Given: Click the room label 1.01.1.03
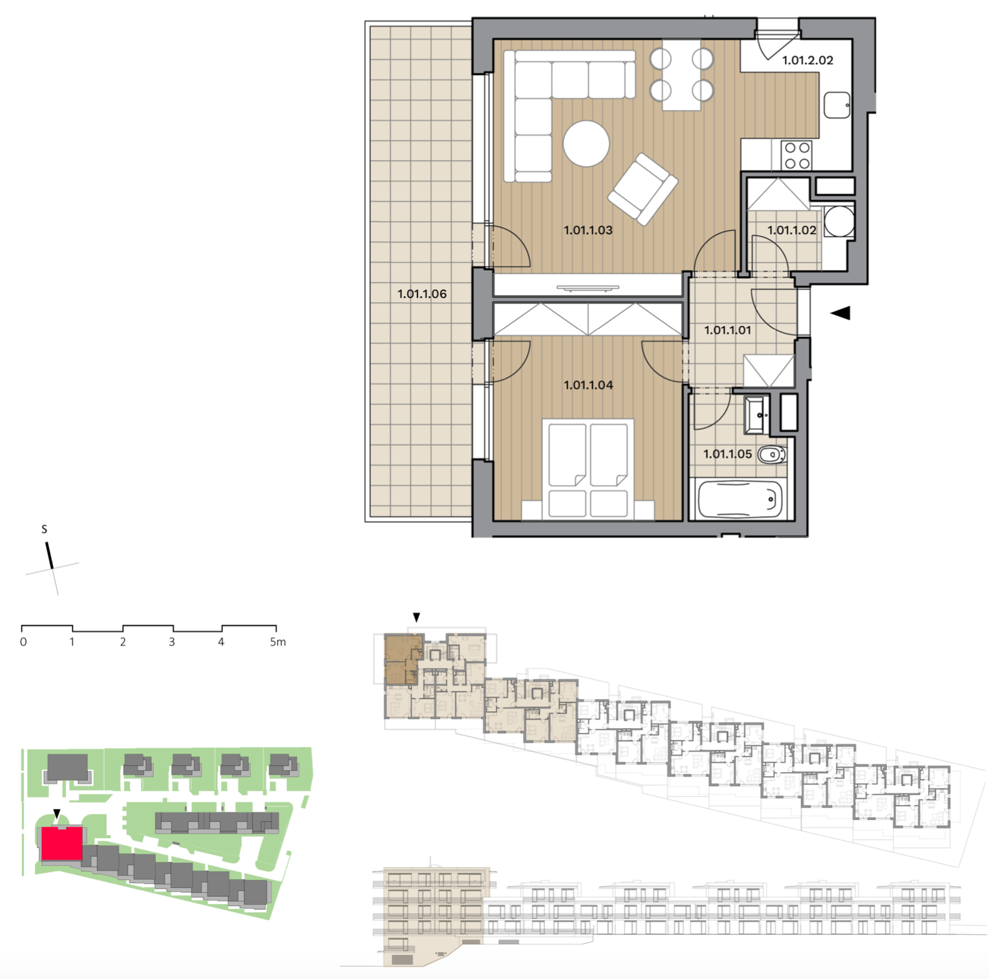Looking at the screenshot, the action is (x=588, y=230).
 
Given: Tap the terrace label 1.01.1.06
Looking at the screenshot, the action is (x=421, y=294).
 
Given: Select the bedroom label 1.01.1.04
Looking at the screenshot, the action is (x=588, y=385).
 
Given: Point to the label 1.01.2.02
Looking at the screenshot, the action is (x=807, y=61).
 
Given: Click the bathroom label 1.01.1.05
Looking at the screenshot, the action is (x=727, y=455).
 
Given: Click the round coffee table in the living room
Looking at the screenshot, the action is (x=586, y=144).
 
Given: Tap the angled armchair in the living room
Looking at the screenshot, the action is (x=643, y=189).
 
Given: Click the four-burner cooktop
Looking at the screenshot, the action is (x=796, y=155).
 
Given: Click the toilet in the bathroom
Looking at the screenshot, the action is (x=771, y=456).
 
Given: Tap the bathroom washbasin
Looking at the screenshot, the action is (x=756, y=415).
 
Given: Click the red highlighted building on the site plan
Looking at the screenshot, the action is (x=61, y=843).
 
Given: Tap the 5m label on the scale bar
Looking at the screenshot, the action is (x=277, y=642).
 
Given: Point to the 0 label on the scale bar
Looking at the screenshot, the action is (x=23, y=642).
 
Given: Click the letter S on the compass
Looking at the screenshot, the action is (x=44, y=529).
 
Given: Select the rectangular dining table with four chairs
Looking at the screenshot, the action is (x=681, y=75).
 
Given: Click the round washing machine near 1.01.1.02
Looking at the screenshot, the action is (x=839, y=221).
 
